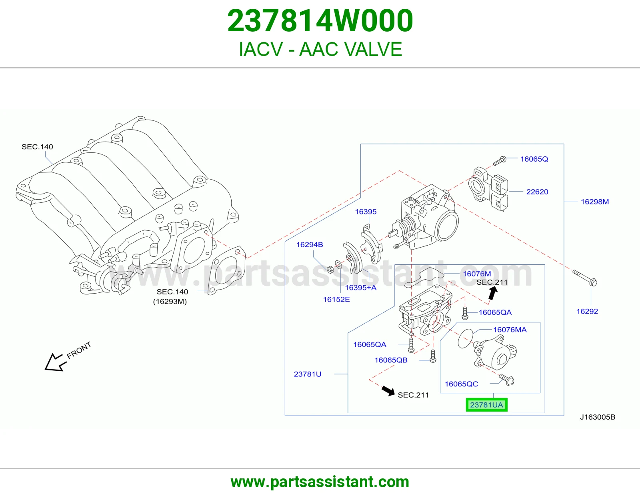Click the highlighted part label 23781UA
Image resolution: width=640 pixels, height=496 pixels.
(x=486, y=405)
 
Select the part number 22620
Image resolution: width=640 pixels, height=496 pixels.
(x=537, y=192)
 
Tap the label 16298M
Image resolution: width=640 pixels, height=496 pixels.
(x=595, y=202)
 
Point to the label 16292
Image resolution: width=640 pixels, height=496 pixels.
(x=587, y=311)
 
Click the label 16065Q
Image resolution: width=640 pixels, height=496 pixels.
(x=534, y=159)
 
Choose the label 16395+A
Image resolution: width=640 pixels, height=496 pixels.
(x=360, y=288)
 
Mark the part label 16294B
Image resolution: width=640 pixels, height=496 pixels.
(x=310, y=244)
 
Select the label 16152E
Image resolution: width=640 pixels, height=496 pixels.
(x=336, y=299)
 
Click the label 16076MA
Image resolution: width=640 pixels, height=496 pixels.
(x=510, y=330)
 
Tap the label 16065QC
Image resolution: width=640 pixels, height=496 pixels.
(x=461, y=384)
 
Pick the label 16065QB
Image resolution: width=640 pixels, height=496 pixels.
(x=391, y=360)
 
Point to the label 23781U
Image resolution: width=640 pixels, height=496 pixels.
(x=308, y=374)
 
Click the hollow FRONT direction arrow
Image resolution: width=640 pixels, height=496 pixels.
(x=54, y=362)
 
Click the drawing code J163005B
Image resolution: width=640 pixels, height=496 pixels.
(x=598, y=417)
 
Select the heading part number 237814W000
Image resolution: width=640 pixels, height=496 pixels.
(x=320, y=20)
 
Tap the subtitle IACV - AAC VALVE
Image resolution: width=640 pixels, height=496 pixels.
(x=320, y=49)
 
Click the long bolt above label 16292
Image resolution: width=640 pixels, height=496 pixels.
(x=585, y=278)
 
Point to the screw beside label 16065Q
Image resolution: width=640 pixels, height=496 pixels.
(x=500, y=161)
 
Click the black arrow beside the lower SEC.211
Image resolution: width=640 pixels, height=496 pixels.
(x=388, y=391)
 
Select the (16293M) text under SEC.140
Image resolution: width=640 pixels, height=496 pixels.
(x=170, y=301)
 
